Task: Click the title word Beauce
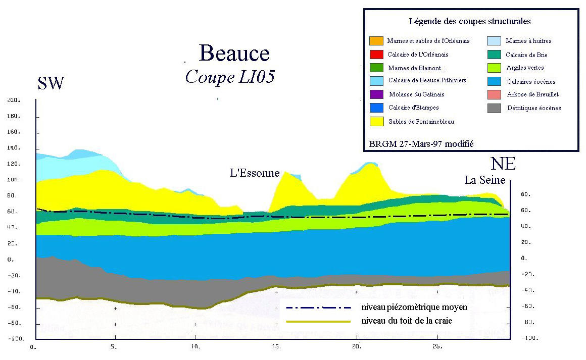point(234,53)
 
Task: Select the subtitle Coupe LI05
point(230,77)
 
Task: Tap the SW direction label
point(51,83)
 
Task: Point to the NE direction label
point(503,164)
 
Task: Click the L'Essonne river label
point(255,173)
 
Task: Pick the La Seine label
point(485,180)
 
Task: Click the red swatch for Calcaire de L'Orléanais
point(376,54)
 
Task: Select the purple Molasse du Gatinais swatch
point(376,94)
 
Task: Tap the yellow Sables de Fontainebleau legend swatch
point(376,121)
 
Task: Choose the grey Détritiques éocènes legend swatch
point(495,108)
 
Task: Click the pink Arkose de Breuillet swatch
point(495,94)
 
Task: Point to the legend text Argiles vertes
point(525,68)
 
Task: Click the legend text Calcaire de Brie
point(526,55)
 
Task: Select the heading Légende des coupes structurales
point(469,22)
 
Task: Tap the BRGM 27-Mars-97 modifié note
point(421,144)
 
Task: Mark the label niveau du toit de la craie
point(407,321)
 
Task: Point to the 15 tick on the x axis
point(276,347)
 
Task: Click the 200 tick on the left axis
point(13,100)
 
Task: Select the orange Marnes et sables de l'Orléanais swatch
point(376,41)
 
